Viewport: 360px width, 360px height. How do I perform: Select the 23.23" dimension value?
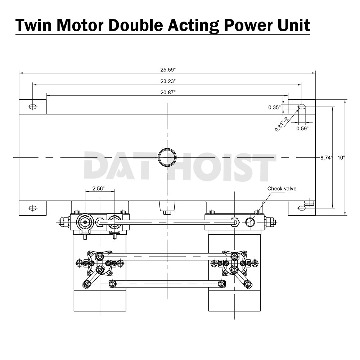click(168, 81)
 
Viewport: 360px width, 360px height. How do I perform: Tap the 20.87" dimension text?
click(168, 93)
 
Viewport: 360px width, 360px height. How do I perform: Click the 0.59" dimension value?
click(302, 129)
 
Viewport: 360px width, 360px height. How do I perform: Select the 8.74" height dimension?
click(327, 157)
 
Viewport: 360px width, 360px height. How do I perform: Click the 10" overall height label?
click(341, 157)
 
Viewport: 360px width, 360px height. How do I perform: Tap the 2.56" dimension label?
click(99, 189)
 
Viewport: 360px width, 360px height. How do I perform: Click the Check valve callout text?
click(282, 189)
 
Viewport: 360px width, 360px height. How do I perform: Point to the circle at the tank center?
click(167, 157)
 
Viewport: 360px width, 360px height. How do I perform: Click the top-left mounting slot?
click(32, 107)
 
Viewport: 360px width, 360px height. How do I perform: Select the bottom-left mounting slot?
click(32, 208)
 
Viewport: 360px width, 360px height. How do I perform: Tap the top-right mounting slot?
click(302, 107)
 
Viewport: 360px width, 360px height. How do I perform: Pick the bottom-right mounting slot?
click(302, 208)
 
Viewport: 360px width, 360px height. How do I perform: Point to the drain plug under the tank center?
click(167, 207)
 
